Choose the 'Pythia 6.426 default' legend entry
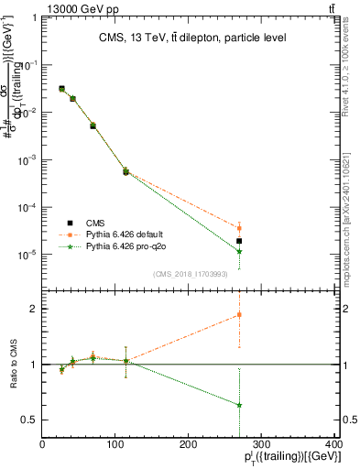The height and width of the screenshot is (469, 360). coord(119,234)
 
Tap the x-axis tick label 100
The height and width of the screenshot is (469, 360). coord(115,443)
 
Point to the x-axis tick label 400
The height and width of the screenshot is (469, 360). coord(333,443)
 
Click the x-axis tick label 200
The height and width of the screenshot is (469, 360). coord(188,443)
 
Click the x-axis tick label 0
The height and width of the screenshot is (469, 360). coord(43,443)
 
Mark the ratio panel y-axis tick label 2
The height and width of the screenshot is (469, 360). coord(34,309)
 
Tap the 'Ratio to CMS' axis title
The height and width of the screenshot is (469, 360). coord(13,364)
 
